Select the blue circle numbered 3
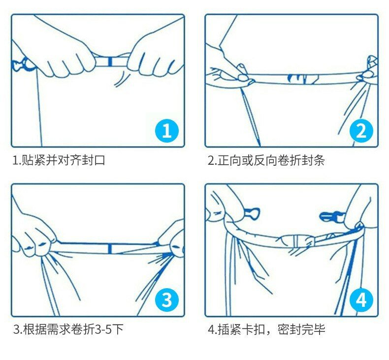[x=167, y=300]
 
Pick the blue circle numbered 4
[x=361, y=300]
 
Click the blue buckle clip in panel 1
[x=22, y=64]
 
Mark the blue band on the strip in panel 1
[x=110, y=61]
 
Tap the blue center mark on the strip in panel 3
[x=110, y=249]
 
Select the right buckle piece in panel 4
[x=330, y=216]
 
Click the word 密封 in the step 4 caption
[x=289, y=330]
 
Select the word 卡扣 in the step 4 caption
[x=253, y=330]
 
